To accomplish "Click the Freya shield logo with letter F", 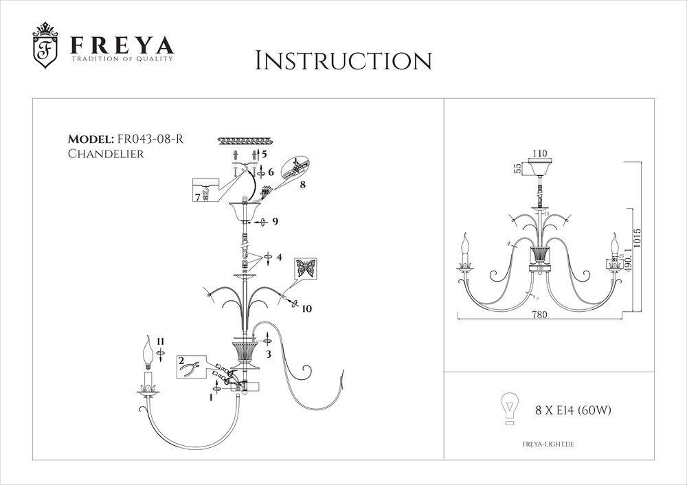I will [x=46, y=49].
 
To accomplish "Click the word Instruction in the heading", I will [x=343, y=60].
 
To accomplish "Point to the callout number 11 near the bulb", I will [x=160, y=341].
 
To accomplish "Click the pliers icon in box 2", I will [x=188, y=370].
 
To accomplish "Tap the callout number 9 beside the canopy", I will [x=275, y=222].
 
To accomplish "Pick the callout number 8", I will [x=303, y=185].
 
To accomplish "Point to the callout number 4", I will [x=279, y=258].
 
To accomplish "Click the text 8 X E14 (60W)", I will [x=573, y=411].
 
